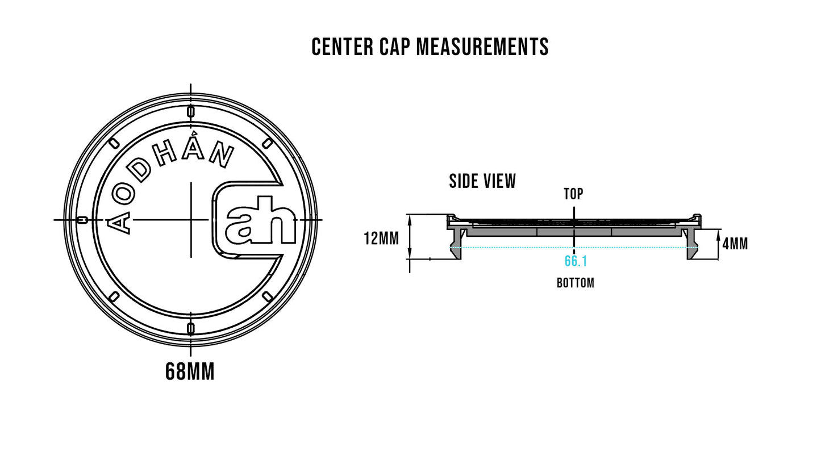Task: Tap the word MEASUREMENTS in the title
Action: (x=482, y=47)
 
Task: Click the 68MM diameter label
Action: (x=190, y=373)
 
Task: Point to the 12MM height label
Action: (x=381, y=239)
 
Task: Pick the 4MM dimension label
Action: (x=735, y=244)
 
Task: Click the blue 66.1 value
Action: (x=576, y=261)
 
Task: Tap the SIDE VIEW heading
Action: (x=482, y=182)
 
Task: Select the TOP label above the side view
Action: (x=573, y=194)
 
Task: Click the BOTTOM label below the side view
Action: (x=575, y=283)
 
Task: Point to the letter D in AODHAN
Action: (x=140, y=170)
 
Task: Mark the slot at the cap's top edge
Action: (x=191, y=111)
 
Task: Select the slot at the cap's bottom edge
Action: (x=191, y=328)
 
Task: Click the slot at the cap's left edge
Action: (x=82, y=220)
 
